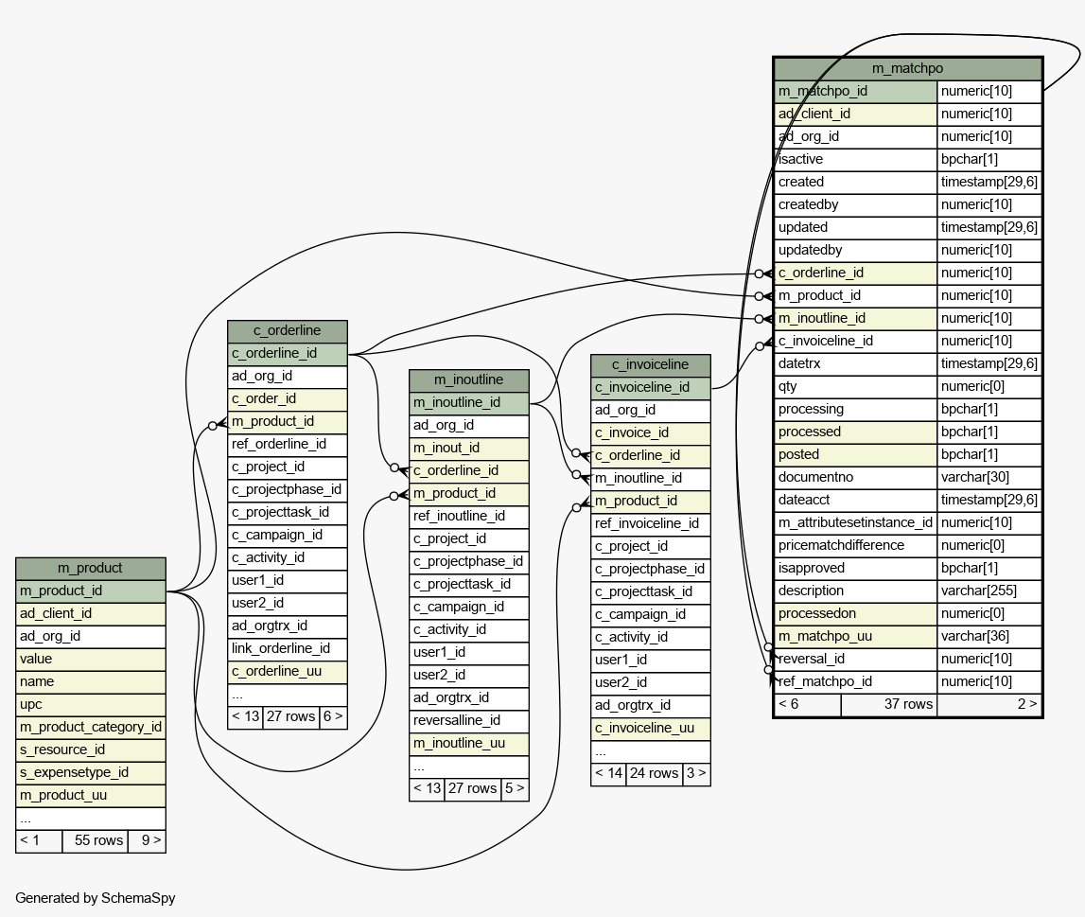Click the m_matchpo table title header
[907, 68]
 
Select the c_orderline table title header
[287, 330]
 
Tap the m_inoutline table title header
[468, 379]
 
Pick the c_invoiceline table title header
[650, 364]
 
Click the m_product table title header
[90, 568]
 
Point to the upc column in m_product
[90, 704]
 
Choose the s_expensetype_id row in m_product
[90, 772]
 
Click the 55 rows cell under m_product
[95, 840]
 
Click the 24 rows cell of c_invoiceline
[653, 773]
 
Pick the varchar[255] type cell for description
[989, 591]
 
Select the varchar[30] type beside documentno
[989, 477]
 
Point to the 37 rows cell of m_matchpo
[889, 704]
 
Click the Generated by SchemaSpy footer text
[95, 898]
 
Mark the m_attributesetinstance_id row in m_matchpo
[855, 522]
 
